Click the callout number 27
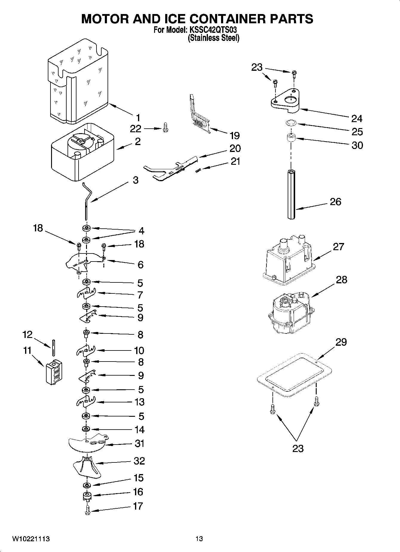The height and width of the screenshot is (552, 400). [338, 247]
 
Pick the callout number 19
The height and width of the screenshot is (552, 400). [235, 136]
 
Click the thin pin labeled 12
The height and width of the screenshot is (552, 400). [53, 348]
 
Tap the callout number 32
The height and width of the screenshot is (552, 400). [139, 461]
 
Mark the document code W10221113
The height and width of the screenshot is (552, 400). [31, 539]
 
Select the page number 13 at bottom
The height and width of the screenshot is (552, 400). [199, 539]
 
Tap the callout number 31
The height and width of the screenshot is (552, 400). [139, 443]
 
